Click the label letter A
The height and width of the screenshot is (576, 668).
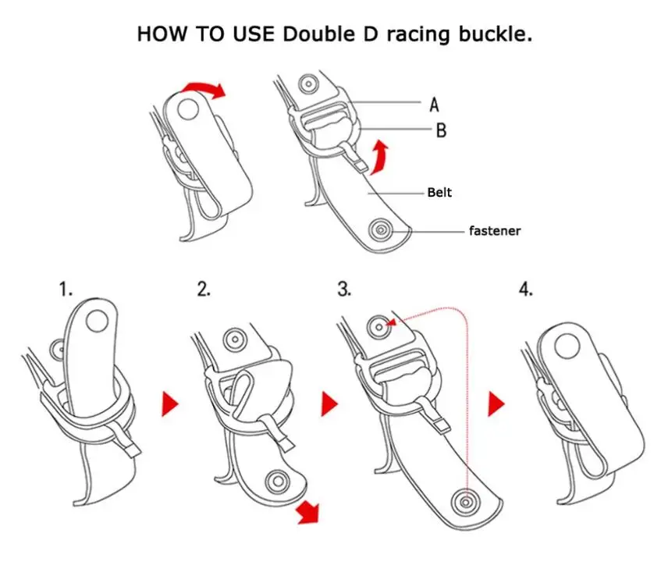tap(434, 103)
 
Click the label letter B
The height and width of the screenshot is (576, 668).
tap(441, 131)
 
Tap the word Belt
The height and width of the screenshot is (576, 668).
tap(439, 192)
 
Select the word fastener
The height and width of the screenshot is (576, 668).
tap(495, 230)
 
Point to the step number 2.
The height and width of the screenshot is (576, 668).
tap(204, 290)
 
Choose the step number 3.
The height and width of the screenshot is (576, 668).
tap(344, 290)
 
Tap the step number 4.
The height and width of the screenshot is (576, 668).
tap(526, 290)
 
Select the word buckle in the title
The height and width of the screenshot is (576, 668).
tap(496, 34)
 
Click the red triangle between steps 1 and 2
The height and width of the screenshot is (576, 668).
tap(170, 404)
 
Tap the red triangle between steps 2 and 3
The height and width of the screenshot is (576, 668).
tap(329, 404)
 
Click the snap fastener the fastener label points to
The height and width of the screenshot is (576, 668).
tap(382, 229)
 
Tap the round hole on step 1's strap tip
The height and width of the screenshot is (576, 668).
tap(98, 320)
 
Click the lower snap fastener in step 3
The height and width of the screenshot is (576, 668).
tap(467, 500)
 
